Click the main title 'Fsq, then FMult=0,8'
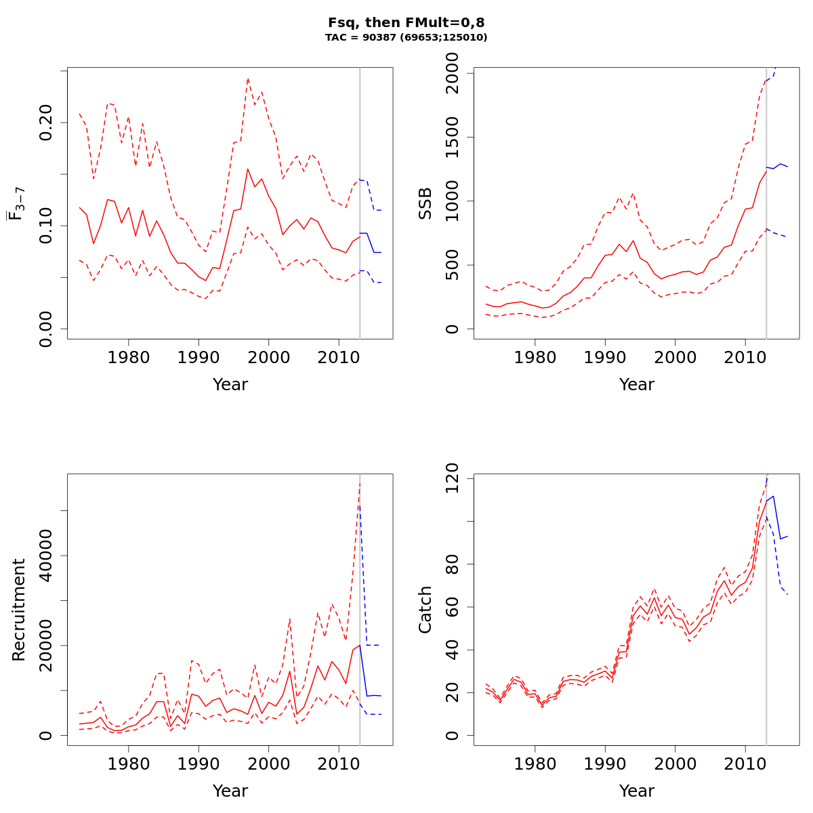click(x=406, y=22)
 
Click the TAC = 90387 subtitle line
click(x=406, y=38)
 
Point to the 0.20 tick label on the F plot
click(x=46, y=123)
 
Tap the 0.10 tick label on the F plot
click(x=46, y=226)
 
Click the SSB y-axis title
click(x=425, y=203)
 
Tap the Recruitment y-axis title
click(x=18, y=610)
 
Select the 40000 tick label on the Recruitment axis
click(x=46, y=556)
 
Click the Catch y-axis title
click(x=425, y=610)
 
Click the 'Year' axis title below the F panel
click(x=230, y=385)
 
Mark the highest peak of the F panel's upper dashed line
click(x=248, y=79)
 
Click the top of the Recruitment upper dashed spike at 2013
click(x=360, y=483)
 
